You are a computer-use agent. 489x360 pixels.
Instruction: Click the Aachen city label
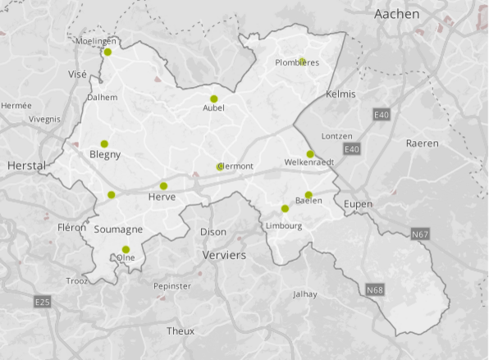(396, 14)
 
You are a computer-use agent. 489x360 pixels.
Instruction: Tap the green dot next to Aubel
(214, 99)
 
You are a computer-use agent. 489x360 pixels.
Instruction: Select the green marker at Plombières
(302, 62)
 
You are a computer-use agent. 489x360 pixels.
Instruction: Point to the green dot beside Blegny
(104, 144)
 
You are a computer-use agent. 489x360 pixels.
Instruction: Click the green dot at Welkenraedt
(310, 154)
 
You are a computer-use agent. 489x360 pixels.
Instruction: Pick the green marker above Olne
(126, 249)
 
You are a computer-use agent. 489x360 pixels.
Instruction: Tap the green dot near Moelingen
(107, 52)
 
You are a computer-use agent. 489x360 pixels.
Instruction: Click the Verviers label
(224, 256)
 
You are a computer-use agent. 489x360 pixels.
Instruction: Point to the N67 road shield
(421, 235)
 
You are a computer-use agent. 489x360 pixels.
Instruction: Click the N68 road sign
(375, 290)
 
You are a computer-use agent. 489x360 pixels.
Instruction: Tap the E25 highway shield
(43, 303)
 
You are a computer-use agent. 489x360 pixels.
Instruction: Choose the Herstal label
(27, 165)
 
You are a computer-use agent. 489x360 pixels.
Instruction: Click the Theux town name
(181, 331)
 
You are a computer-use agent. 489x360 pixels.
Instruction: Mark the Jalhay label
(304, 294)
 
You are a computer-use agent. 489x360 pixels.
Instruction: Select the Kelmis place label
(340, 94)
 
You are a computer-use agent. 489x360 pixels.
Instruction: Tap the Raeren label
(422, 144)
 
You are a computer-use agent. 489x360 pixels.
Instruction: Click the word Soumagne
(119, 230)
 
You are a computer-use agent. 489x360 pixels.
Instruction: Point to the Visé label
(77, 74)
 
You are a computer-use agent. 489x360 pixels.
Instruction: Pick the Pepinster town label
(172, 286)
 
